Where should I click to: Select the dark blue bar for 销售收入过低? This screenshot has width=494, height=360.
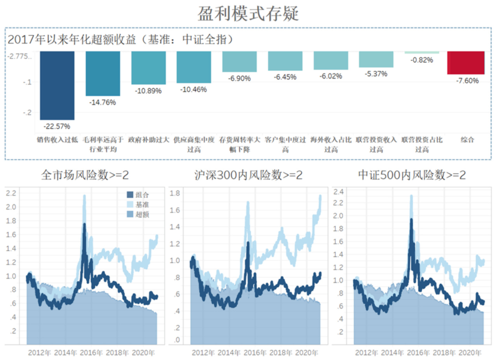[x=57, y=85]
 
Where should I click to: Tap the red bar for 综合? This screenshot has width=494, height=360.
[x=466, y=62]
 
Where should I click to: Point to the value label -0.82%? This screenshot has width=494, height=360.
[x=422, y=60]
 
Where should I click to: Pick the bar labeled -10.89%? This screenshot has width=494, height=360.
[x=148, y=68]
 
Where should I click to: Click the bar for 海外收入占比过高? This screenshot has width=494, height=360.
[x=331, y=60]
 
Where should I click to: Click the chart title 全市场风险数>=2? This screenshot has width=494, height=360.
[x=85, y=176]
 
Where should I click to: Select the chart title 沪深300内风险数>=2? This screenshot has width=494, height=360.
[x=249, y=176]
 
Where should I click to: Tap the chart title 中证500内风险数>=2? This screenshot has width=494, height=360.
[x=412, y=176]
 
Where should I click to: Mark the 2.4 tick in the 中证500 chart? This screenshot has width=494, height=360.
[x=339, y=192]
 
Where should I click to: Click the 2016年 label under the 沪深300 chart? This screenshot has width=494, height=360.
[x=255, y=353]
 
